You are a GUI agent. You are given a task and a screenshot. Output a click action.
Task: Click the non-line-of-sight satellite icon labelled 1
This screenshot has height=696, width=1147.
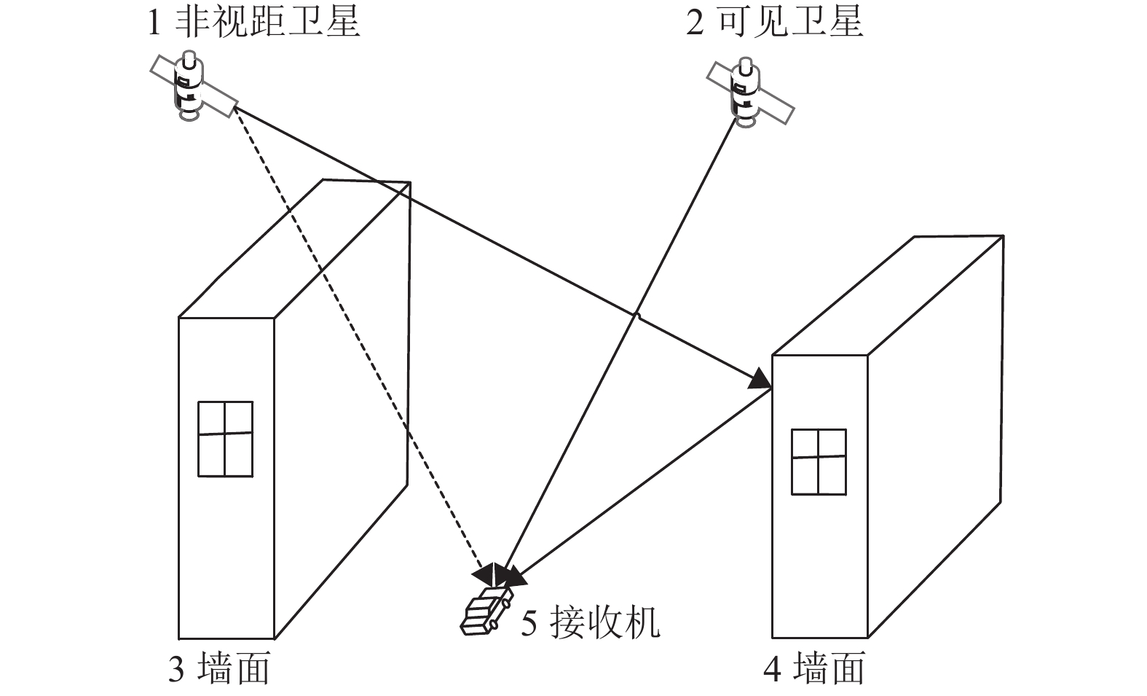tap(191, 86)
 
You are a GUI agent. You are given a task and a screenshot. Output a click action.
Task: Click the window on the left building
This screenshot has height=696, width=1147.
tap(225, 439)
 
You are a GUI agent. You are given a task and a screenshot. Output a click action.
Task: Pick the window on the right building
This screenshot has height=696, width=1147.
tap(819, 462)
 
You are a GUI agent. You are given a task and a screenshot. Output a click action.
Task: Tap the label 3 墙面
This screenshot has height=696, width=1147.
tap(218, 668)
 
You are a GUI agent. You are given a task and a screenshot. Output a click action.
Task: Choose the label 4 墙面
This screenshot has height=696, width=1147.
tap(814, 668)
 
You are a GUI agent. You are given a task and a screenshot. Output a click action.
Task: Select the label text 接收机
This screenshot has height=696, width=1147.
tap(605, 623)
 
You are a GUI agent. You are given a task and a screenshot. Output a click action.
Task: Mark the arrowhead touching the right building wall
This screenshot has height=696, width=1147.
tap(761, 379)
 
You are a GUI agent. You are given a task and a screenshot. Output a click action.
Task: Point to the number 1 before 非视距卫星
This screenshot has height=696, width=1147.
tap(154, 22)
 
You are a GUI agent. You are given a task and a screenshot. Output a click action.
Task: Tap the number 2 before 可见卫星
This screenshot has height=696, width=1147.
tap(695, 22)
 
